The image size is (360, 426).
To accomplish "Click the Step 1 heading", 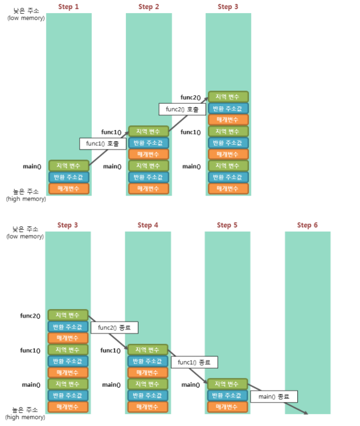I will (x=69, y=7).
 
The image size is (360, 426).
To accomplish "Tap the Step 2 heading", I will (x=149, y=7).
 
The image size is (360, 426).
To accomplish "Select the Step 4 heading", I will (x=148, y=225).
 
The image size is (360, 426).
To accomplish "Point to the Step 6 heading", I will (x=307, y=225).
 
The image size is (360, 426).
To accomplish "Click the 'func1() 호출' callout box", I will (x=103, y=144).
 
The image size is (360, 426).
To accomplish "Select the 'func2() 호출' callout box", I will (x=182, y=109).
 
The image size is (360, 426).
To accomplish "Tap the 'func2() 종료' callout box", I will (x=114, y=328).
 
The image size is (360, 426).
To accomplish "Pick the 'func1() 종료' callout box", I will (x=194, y=362).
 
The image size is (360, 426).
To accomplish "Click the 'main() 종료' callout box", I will (x=274, y=396).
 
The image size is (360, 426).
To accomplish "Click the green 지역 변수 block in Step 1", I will (x=69, y=166).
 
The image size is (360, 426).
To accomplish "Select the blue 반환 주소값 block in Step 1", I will (x=69, y=177).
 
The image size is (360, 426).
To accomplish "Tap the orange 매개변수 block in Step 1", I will (x=69, y=189).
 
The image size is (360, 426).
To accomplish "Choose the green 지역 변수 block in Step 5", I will (x=227, y=384).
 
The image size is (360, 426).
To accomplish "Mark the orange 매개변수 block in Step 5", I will (x=227, y=407).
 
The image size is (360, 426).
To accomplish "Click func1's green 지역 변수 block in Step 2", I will (x=149, y=132).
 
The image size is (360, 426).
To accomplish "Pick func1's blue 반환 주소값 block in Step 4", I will (x=148, y=361).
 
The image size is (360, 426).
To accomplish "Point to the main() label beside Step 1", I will (x=32, y=167).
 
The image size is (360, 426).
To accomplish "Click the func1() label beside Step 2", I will (x=112, y=132).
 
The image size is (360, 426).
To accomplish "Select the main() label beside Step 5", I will (x=191, y=385).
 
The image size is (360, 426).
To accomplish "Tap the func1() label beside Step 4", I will (x=111, y=350).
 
